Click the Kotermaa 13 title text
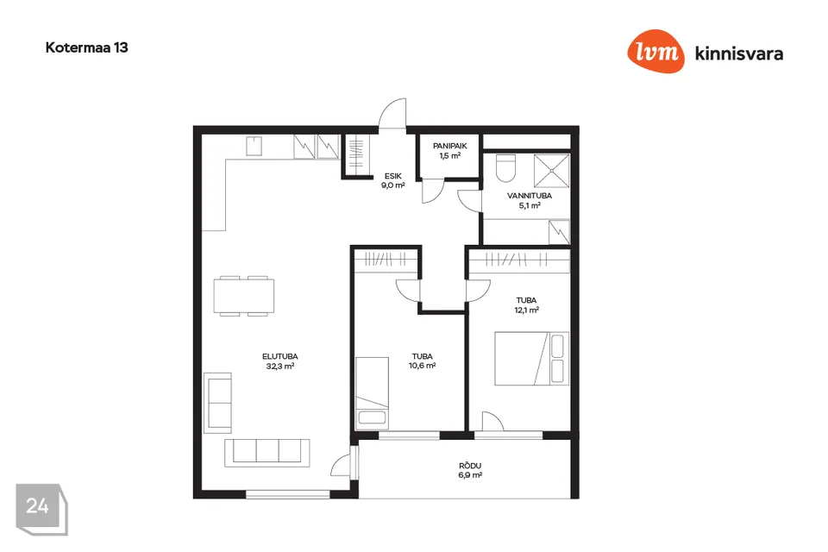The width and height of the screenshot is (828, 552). click(86, 47)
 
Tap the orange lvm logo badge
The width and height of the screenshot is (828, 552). click(655, 51)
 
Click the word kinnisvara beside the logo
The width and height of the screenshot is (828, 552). click(739, 53)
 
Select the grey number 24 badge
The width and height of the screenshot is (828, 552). click(41, 509)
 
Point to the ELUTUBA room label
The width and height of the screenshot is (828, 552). click(279, 356)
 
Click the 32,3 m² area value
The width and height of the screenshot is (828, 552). click(279, 366)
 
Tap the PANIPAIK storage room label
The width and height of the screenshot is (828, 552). click(450, 147)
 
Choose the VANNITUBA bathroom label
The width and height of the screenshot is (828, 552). click(529, 196)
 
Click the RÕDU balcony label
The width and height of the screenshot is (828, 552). click(470, 466)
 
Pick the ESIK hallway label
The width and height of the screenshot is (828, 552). click(393, 177)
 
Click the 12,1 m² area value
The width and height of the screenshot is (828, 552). click(526, 310)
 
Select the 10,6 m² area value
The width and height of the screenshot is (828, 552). click(422, 366)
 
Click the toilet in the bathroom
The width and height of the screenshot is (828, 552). click(506, 167)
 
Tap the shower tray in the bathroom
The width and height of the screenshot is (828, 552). click(552, 171)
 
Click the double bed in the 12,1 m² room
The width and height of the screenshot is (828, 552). click(531, 358)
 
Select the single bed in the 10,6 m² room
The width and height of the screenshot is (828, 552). click(373, 392)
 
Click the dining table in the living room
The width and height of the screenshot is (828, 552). click(244, 296)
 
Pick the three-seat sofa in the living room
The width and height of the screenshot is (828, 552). click(267, 453)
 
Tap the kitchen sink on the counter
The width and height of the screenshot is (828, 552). click(254, 147)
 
